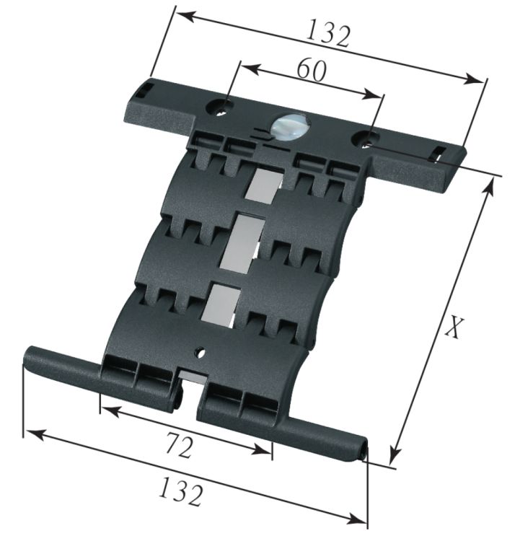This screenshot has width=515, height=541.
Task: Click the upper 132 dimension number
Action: coord(328,34)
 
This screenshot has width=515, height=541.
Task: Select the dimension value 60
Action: coord(311,70)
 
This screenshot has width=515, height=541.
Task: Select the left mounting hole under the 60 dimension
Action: coord(221,108)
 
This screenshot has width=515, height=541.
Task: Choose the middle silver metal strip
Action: coord(244,243)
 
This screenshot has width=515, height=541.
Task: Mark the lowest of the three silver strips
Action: coord(222,302)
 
